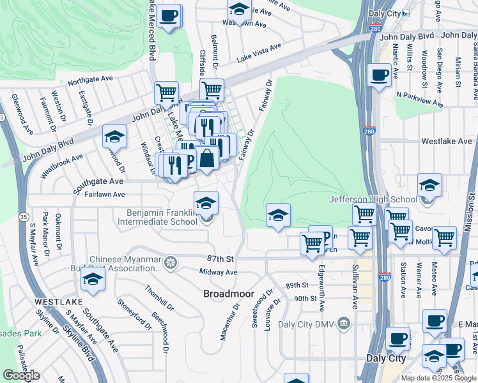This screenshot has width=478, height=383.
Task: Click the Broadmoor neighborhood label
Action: [x=224, y=294]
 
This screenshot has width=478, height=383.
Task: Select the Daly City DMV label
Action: [x=309, y=324]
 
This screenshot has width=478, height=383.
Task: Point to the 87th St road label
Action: [x=220, y=259]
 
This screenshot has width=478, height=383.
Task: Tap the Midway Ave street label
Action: [x=218, y=272]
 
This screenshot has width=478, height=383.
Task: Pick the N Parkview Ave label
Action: [x=419, y=99]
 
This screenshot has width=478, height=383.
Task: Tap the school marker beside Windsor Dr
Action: [x=114, y=137]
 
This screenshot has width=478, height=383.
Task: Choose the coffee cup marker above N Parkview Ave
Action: [x=380, y=75]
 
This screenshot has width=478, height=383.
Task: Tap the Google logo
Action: [x=21, y=375]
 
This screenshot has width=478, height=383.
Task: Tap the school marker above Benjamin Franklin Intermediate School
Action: [x=206, y=203]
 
